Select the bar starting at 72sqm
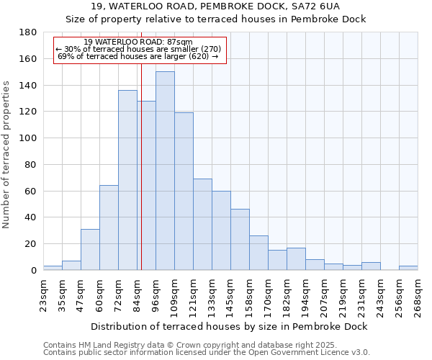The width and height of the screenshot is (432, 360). tap(127, 180)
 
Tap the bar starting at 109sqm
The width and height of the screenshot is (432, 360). tap(184, 191)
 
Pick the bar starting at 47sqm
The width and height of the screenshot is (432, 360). tap(90, 249)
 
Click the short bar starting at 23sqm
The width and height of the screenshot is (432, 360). tap(53, 268)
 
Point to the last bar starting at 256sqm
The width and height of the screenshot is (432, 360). tap(408, 268)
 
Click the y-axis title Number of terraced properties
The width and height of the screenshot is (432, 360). tap(7, 154)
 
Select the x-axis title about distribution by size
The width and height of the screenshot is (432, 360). tap(230, 326)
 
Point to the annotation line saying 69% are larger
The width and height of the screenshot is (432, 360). tap(138, 56)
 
